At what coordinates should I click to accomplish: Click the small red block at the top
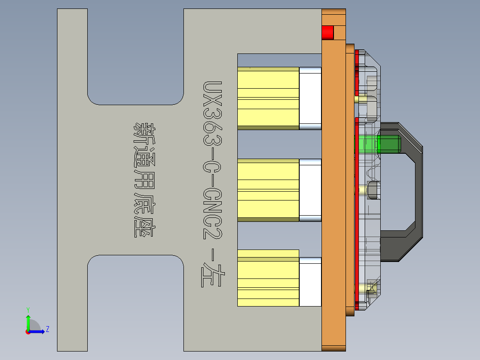coord(327,33)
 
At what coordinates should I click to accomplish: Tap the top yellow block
coord(268,98)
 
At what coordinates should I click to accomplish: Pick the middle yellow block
coord(268,190)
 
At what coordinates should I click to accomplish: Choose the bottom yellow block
coord(268,278)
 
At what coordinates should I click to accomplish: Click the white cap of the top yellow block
coord(310,98)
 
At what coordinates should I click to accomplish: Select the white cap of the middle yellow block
coord(310,190)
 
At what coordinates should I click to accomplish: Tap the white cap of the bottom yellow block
coord(310,282)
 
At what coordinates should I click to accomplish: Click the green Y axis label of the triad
coord(28,309)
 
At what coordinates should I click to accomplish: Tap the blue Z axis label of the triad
coord(47,329)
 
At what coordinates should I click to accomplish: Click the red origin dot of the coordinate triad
coord(28,331)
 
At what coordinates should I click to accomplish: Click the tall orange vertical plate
coord(333,192)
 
